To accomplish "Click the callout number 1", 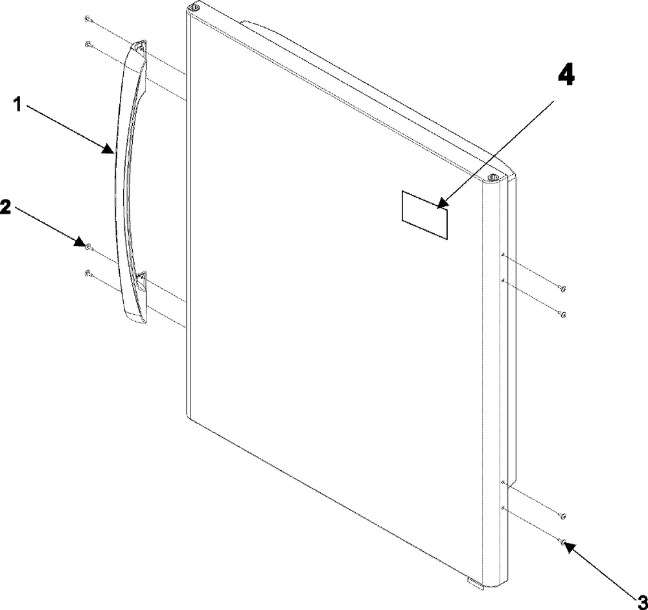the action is pyautogui.click(x=17, y=105).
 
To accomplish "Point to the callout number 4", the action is pyautogui.click(x=566, y=76).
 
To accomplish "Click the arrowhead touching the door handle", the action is pyautogui.click(x=109, y=150).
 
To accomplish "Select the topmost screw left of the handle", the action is pyautogui.click(x=87, y=19).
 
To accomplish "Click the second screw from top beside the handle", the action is pyautogui.click(x=87, y=43).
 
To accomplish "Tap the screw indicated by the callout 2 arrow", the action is pyautogui.click(x=87, y=247).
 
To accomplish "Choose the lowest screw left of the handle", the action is pyautogui.click(x=87, y=273).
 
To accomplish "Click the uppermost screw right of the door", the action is pyautogui.click(x=562, y=289).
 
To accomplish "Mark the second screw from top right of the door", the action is pyautogui.click(x=562, y=315).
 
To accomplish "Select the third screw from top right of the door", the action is pyautogui.click(x=562, y=516).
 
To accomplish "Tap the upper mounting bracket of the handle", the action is pyautogui.click(x=139, y=47).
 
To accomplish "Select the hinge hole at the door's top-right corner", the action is pyautogui.click(x=492, y=177).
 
